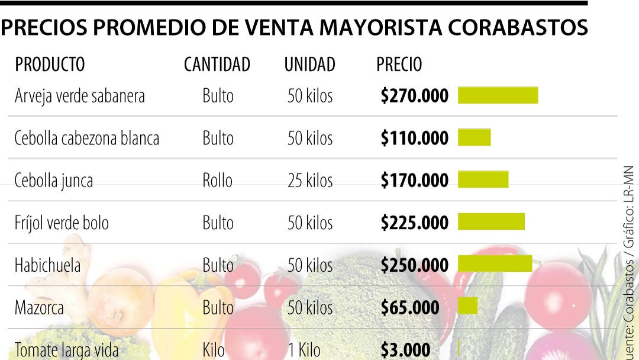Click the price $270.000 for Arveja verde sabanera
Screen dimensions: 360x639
414,96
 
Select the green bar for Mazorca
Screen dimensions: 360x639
467,306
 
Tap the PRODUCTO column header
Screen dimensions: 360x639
50,65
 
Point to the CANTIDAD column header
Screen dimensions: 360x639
217,65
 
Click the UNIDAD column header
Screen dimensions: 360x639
309,65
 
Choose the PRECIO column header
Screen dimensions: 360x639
399,65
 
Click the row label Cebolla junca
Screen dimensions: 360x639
54,180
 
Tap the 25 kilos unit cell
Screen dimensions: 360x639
310,180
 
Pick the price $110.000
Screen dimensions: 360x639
414,138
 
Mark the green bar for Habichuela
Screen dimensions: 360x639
495,263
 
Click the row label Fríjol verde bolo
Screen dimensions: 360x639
62,223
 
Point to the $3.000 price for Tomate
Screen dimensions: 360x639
405,349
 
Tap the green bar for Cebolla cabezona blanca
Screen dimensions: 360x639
474,137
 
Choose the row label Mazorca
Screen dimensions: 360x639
39,307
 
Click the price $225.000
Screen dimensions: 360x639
414,223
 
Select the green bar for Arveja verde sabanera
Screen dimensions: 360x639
498,95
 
